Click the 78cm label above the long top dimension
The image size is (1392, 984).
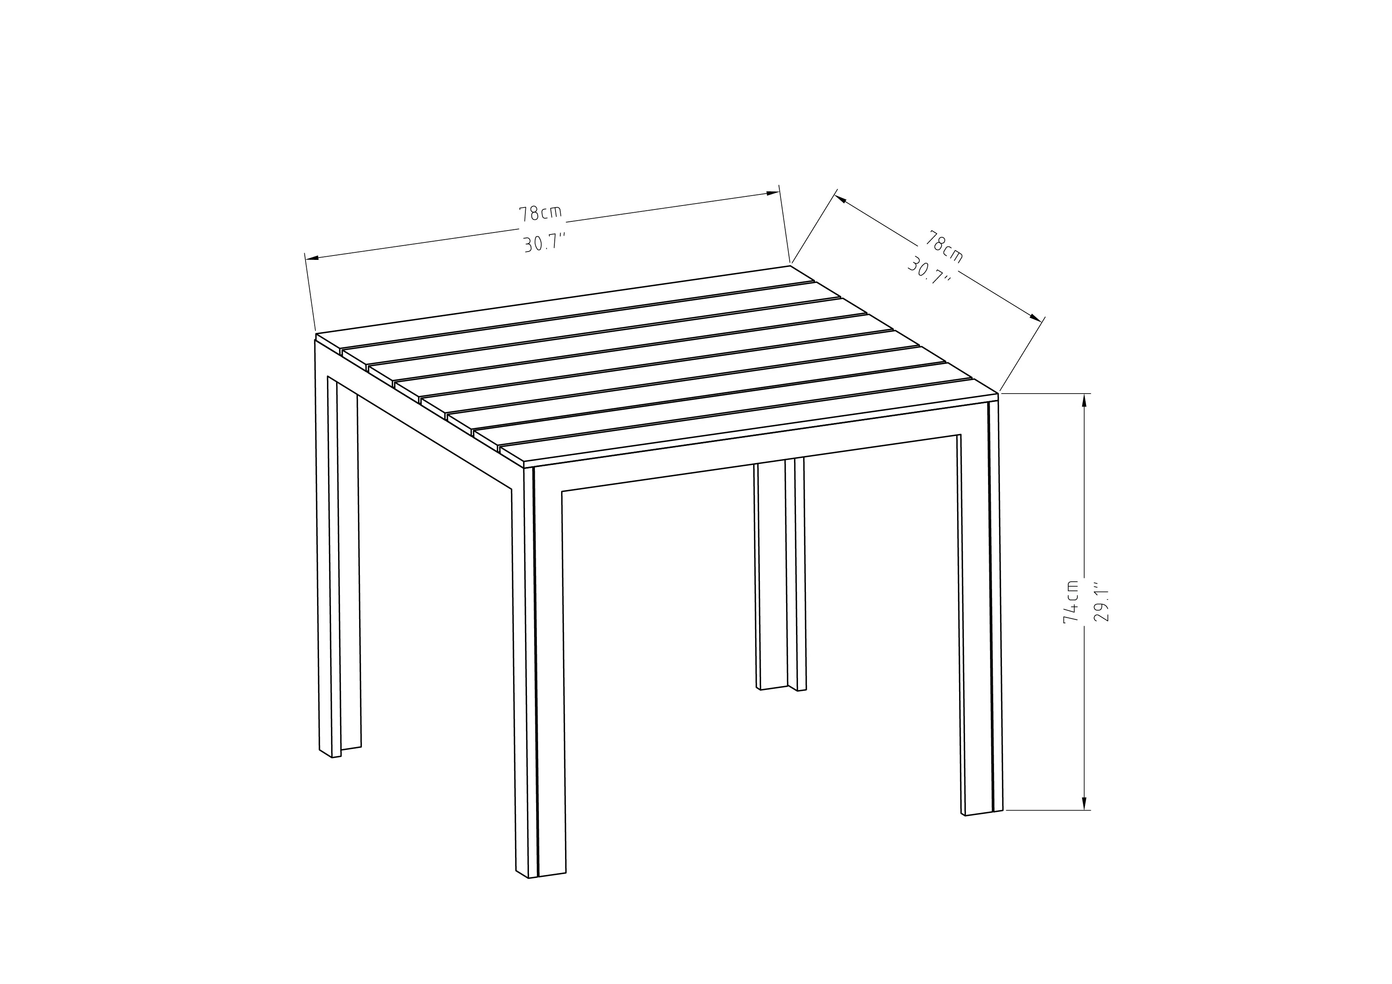click(540, 213)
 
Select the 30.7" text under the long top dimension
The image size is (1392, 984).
click(544, 244)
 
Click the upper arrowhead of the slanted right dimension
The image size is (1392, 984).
click(842, 199)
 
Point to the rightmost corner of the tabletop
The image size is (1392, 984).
click(998, 394)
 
